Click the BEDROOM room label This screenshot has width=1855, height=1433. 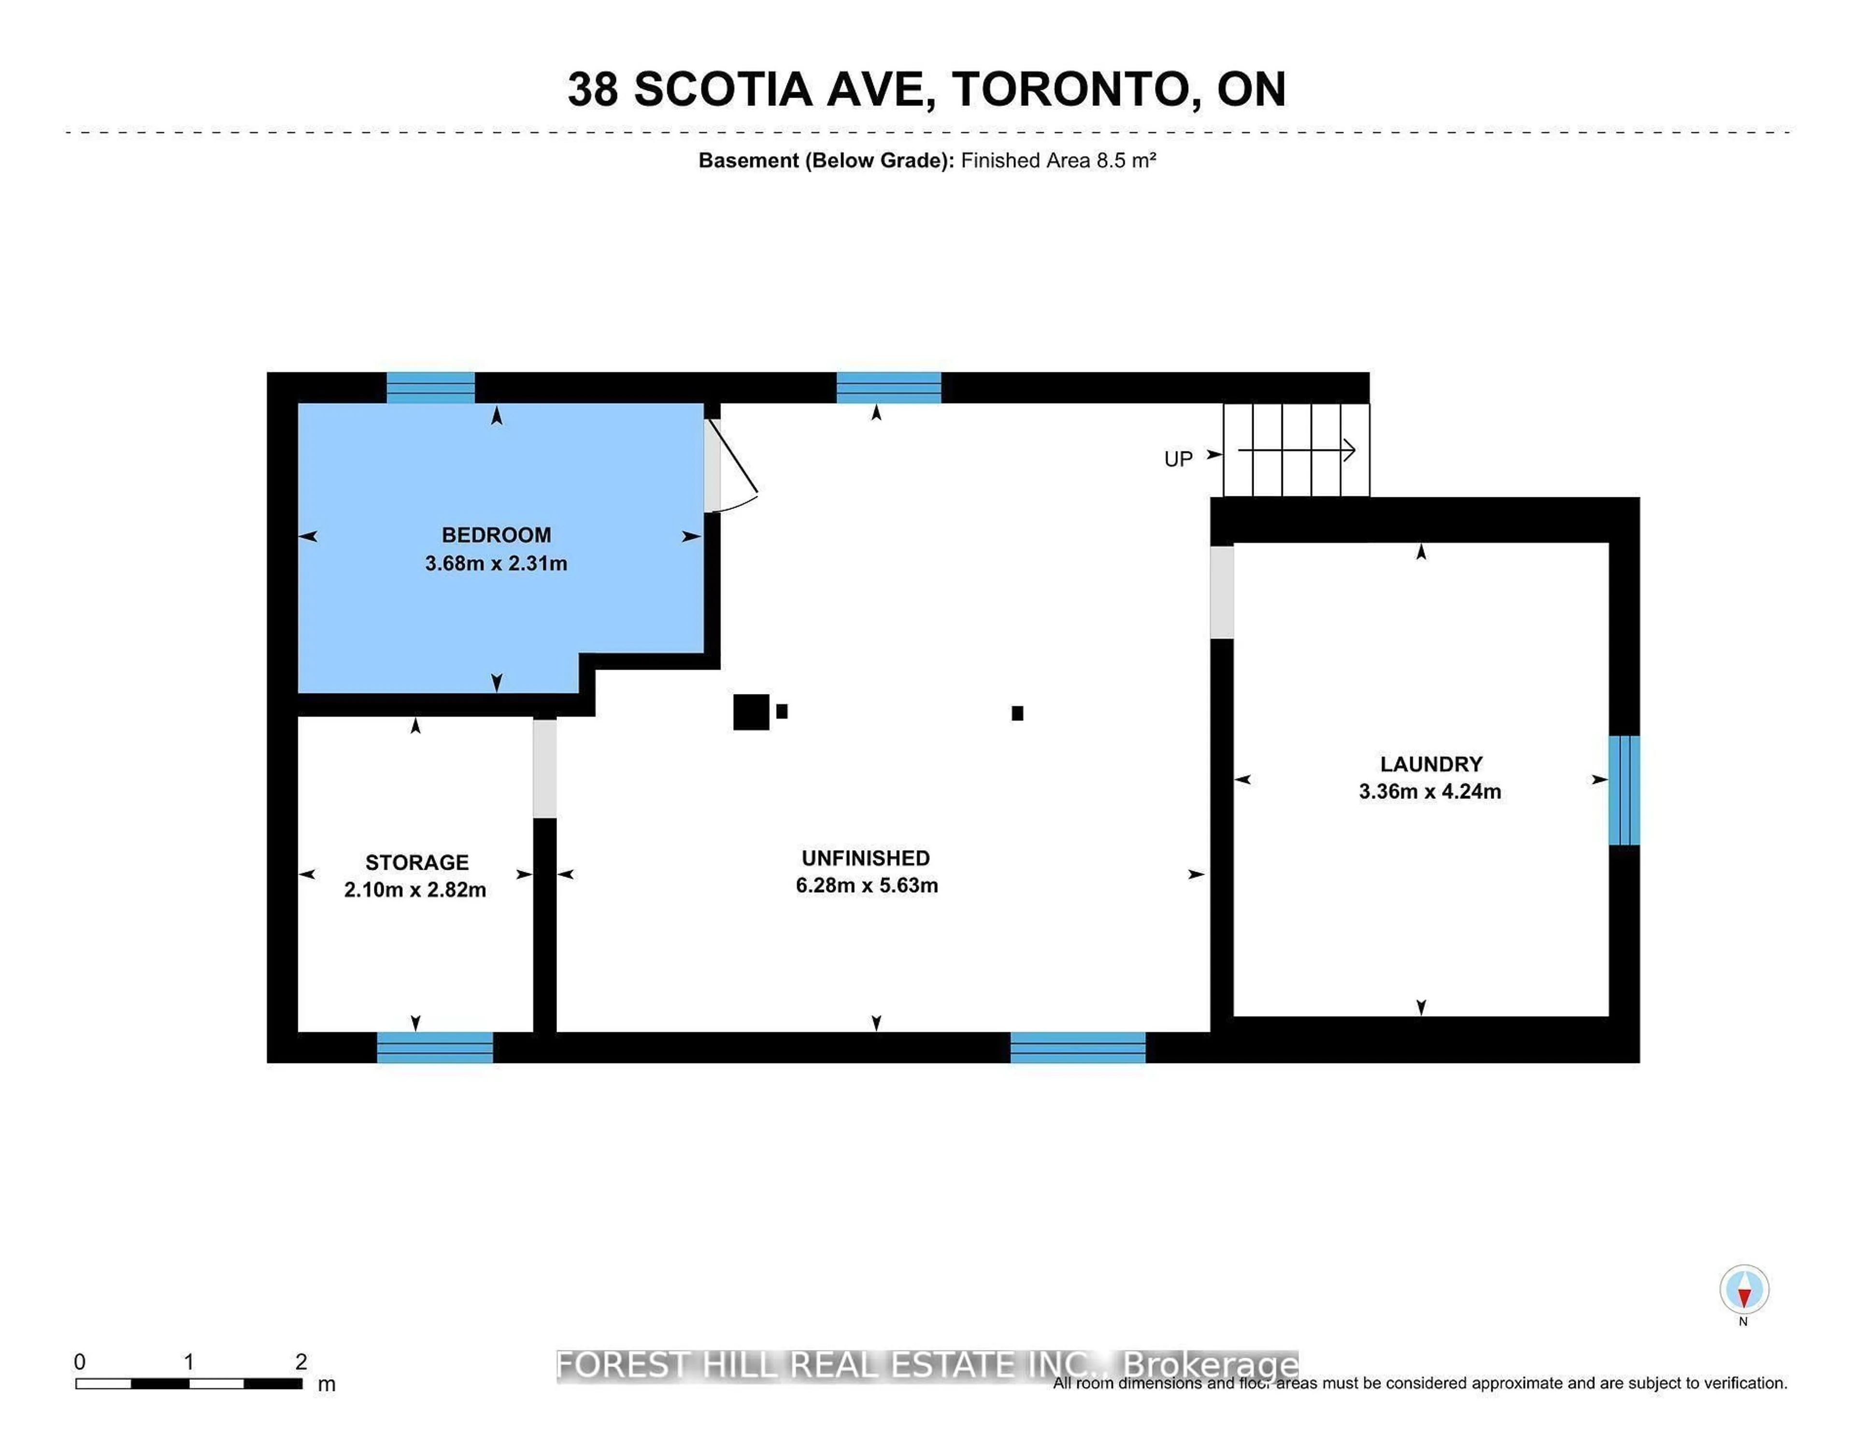pos(496,535)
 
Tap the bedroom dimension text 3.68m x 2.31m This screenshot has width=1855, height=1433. pos(496,563)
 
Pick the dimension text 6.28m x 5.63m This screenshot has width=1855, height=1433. pos(866,885)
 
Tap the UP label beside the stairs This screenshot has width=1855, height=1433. pos(1178,459)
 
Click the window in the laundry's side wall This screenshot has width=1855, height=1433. pos(1624,790)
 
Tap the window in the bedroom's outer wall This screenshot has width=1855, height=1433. pos(430,387)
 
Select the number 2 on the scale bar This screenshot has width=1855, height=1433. pos(300,1362)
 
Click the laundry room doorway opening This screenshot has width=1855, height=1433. pos(1221,592)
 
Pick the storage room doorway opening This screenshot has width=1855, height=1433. pos(544,769)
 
